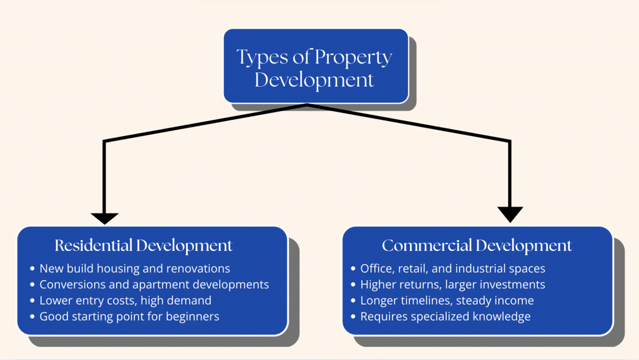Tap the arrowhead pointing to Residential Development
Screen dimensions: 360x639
pyautogui.click(x=104, y=218)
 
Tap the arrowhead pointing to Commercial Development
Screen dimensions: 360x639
pyautogui.click(x=510, y=214)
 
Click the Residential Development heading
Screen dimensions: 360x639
pyautogui.click(x=144, y=245)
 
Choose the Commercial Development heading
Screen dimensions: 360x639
pyautogui.click(x=477, y=245)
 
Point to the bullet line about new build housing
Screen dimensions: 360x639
pyautogui.click(x=135, y=269)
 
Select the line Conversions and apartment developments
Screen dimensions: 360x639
pyautogui.click(x=154, y=285)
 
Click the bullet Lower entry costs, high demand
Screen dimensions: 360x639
pyautogui.click(x=125, y=301)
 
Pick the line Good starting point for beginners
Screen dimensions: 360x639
pyautogui.click(x=129, y=316)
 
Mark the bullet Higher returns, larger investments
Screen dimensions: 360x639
pyautogui.click(x=452, y=285)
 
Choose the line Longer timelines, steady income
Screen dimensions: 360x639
pyautogui.click(x=447, y=301)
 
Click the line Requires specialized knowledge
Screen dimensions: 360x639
pyautogui.click(x=445, y=316)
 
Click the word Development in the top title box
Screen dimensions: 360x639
pyautogui.click(x=315, y=80)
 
